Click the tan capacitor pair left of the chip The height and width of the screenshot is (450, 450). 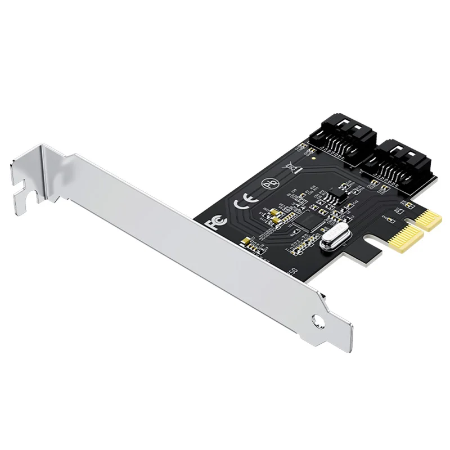point(274,214)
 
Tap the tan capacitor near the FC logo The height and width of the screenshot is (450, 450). point(244,242)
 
